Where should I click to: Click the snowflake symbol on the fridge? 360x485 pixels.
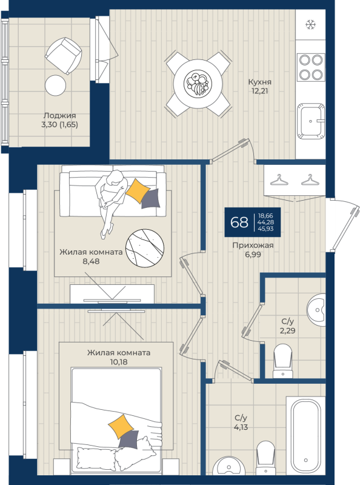(310, 24)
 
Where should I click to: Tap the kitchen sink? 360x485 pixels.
(311, 121)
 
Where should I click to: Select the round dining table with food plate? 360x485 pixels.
(198, 84)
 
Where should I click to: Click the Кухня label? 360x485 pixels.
(259, 82)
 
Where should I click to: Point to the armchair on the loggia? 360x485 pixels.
(64, 56)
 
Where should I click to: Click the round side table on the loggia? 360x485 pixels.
(55, 85)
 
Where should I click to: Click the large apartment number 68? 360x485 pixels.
(239, 222)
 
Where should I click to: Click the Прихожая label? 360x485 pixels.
(253, 246)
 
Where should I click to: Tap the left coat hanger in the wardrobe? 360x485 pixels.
(279, 180)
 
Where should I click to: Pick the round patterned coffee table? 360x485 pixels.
(144, 248)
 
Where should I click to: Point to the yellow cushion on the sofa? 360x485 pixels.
(138, 190)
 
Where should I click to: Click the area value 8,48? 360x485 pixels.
(91, 261)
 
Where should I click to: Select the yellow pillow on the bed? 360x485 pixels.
(121, 427)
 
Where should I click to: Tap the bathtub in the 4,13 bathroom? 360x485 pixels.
(306, 436)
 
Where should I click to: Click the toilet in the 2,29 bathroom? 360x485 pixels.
(282, 361)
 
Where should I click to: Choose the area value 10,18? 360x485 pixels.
(118, 361)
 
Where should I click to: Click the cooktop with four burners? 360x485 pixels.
(311, 67)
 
